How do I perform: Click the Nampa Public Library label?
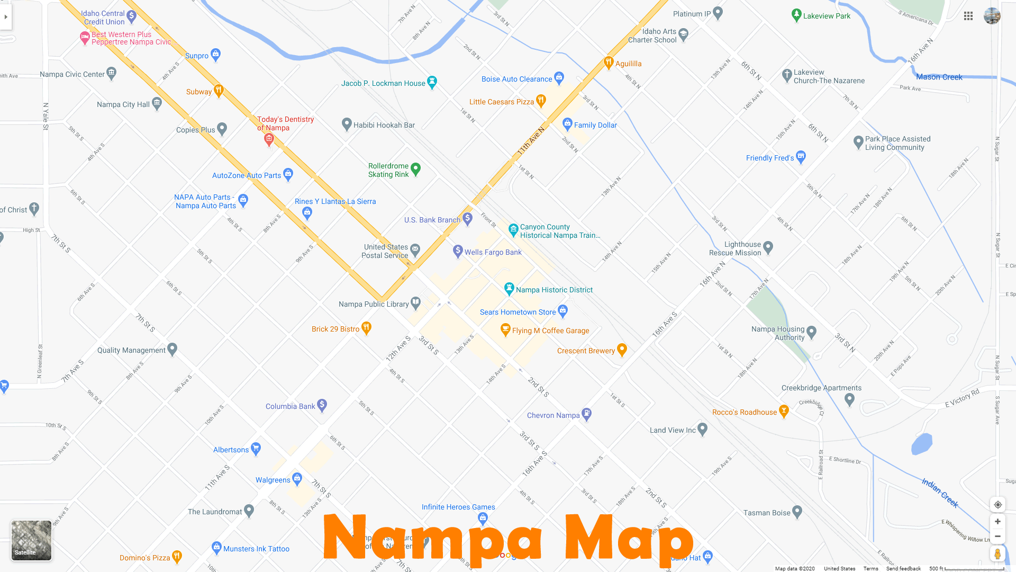coord(374,304)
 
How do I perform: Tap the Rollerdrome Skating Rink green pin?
coord(415,169)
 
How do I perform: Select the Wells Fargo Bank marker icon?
coord(458,252)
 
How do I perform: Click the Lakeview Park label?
coord(827,16)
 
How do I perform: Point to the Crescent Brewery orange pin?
coord(622,350)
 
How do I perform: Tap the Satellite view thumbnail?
coord(32,540)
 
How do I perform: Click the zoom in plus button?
coord(997,522)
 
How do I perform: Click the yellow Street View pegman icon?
coord(997,554)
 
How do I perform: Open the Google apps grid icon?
coord(968,16)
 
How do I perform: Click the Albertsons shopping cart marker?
coord(256,449)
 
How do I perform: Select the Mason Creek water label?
coord(939,77)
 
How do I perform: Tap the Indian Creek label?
coord(940,493)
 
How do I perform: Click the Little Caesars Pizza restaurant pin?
coord(541,101)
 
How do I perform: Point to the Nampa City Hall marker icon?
coord(157,103)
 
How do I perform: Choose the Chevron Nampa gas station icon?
coord(586,414)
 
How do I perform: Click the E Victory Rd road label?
coord(963,398)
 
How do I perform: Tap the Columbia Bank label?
coord(290,406)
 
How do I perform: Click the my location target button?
coord(997,505)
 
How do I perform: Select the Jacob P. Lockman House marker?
coord(432,82)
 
